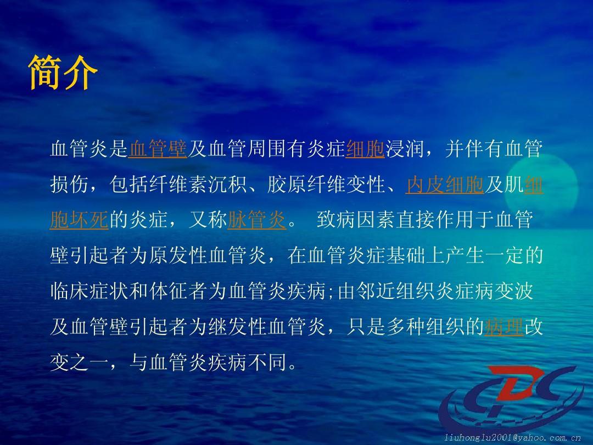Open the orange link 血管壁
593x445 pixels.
[x=158, y=149]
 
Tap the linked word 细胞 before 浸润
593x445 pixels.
[x=365, y=149]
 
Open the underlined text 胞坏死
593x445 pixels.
[x=80, y=221]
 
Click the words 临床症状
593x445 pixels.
[x=89, y=292]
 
